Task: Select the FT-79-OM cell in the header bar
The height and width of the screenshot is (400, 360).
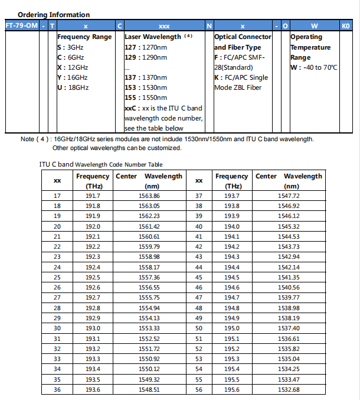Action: [x=21, y=26]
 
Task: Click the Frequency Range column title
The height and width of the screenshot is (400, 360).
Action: [x=84, y=37]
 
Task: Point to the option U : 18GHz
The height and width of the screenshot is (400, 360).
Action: [x=73, y=87]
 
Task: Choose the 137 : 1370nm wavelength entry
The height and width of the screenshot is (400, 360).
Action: [x=146, y=77]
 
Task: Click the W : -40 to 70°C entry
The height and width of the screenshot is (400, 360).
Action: [x=314, y=67]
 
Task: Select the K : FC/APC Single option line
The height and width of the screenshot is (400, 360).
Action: [x=241, y=77]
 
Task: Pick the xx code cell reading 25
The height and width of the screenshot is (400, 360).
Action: [x=57, y=277]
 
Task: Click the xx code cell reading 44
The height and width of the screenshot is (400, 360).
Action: [x=199, y=267]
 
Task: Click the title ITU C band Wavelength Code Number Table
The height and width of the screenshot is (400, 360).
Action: [x=97, y=164]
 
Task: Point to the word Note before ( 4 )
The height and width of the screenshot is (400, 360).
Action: [x=28, y=139]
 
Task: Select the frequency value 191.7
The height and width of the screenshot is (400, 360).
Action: [x=93, y=196]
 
